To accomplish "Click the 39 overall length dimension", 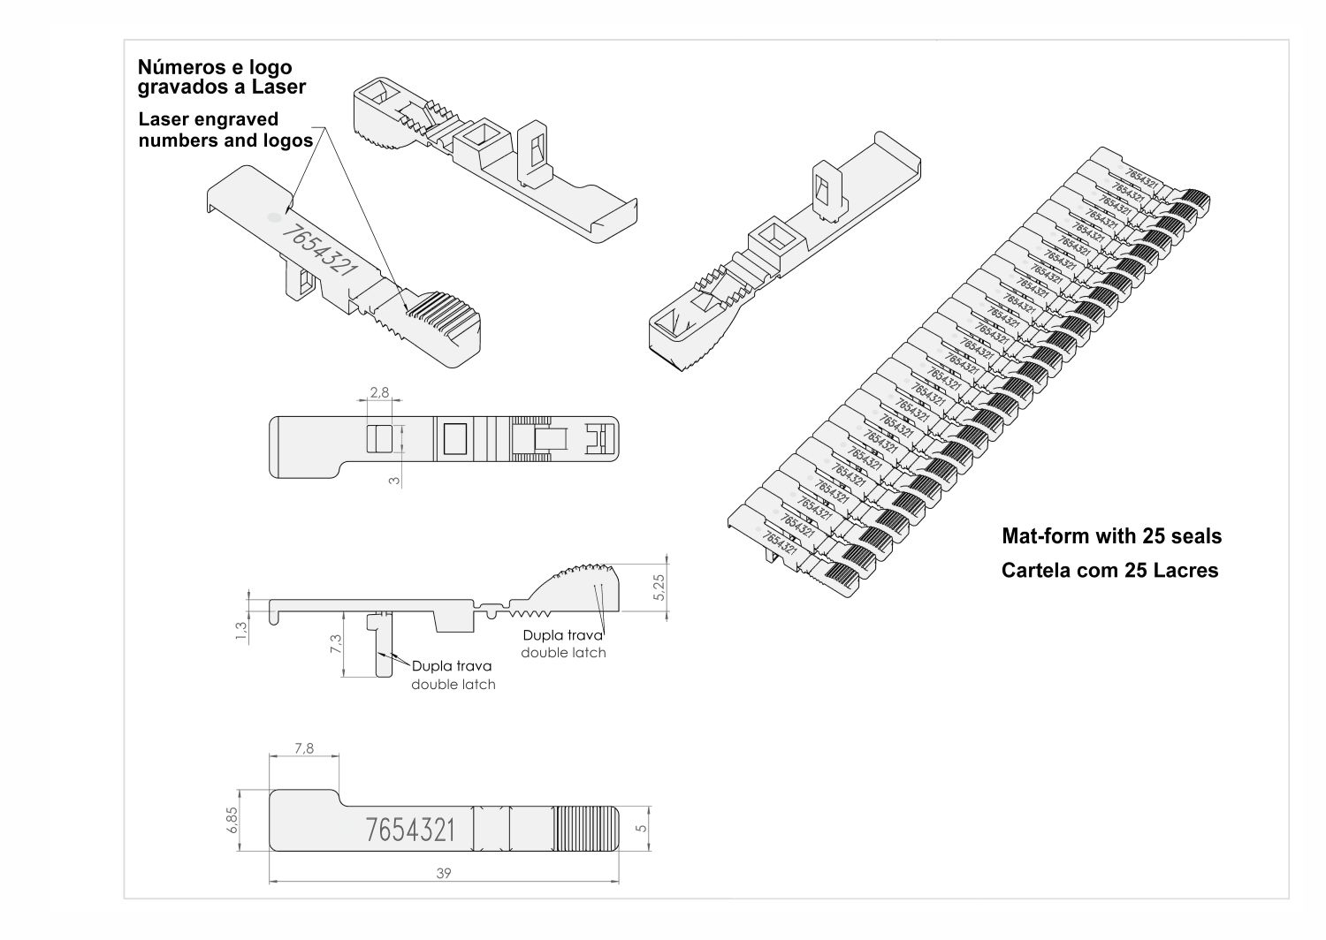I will pyautogui.click(x=444, y=873).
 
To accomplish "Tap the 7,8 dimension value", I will pyautogui.click(x=303, y=748).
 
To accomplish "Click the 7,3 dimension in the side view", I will pyautogui.click(x=335, y=644).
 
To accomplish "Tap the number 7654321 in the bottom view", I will pyautogui.click(x=410, y=830).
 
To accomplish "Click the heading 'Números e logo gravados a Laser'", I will pyautogui.click(x=221, y=77).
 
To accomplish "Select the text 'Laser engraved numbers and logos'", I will pyautogui.click(x=225, y=129).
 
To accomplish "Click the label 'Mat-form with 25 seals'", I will pyautogui.click(x=1111, y=536).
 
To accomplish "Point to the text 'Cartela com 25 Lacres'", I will pyautogui.click(x=1109, y=571).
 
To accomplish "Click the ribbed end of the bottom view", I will pyautogui.click(x=586, y=830).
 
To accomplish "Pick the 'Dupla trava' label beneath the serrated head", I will pyautogui.click(x=563, y=635).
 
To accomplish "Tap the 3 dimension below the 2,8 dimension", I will pyautogui.click(x=395, y=481).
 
